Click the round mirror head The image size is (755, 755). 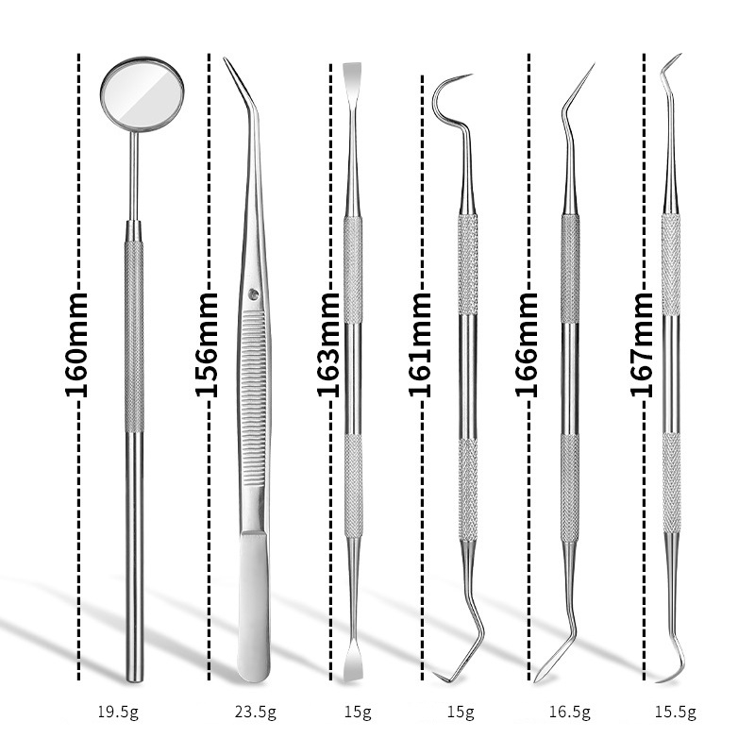tap(142, 93)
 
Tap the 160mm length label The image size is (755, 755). tap(76, 344)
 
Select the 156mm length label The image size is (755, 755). tap(207, 344)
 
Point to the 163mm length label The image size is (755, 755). tap(328, 344)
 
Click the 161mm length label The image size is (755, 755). tap(420, 344)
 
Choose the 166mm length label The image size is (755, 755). tap(527, 344)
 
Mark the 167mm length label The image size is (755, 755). tap(642, 344)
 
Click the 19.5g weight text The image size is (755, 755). tap(118, 712)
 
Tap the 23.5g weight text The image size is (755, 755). tap(255, 712)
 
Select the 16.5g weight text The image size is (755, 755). tap(570, 712)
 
